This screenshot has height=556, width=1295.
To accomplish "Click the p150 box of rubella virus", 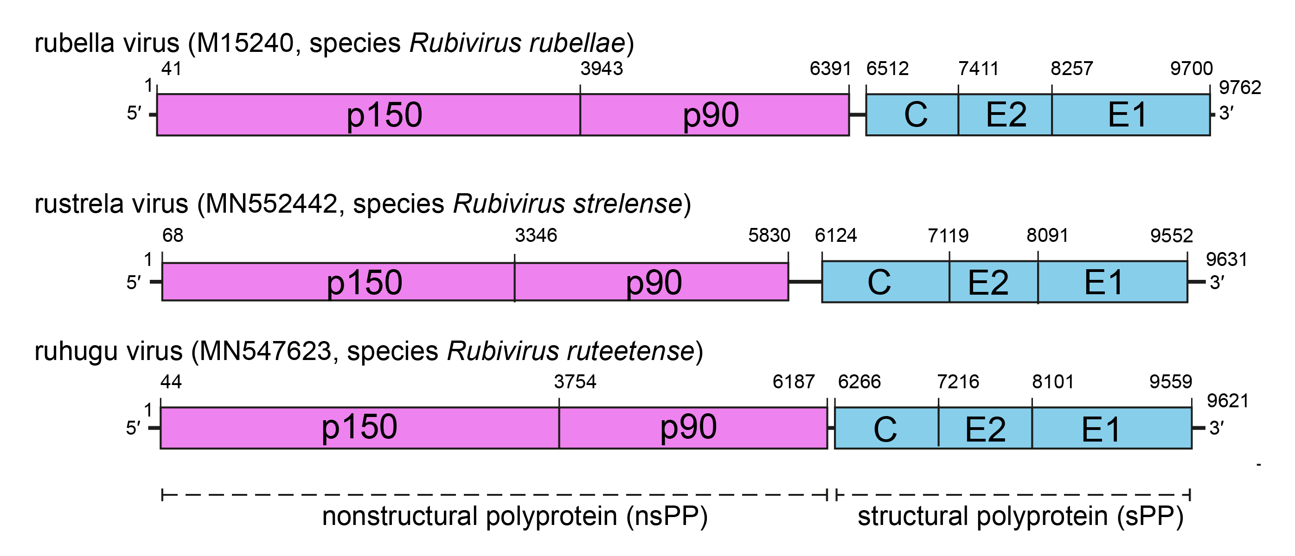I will coord(368,114).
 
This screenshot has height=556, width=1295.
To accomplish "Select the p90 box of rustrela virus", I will coord(652,282).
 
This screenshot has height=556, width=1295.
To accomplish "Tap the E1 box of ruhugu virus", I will coord(1111,429).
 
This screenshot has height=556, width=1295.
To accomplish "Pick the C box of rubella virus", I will coord(912,114).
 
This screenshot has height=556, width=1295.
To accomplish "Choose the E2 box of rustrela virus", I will coord(994,282).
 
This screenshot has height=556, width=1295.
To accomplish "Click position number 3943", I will coord(601,68).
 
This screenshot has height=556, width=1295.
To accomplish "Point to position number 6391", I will coord(830,68).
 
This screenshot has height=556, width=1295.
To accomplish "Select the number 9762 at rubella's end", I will coord(1240,88).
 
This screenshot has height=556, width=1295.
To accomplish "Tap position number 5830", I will coord(769,235).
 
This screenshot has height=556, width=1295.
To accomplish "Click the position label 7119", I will coord(948,235).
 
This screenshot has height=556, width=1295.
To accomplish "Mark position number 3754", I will coord(575,382).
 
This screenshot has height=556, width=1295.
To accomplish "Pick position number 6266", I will coord(859,382).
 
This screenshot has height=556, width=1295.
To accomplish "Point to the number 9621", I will coord(1228,401).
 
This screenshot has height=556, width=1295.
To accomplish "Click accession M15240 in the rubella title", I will coord(245,43).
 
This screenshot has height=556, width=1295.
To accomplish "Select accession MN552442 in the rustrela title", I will coord(271,204).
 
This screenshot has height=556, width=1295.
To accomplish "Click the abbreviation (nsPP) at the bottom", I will coord(667,516).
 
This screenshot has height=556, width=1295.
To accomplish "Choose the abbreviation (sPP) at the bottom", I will coord(1150,516).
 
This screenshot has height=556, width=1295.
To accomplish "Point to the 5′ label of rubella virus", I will coord(134,114).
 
